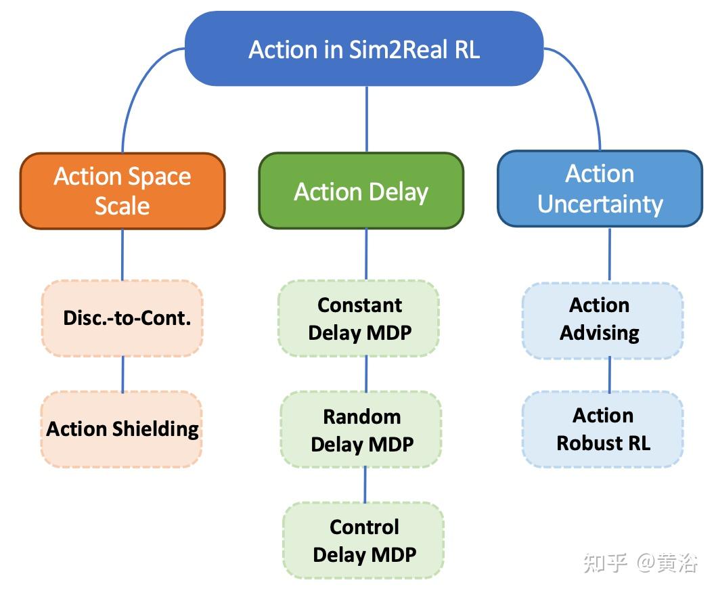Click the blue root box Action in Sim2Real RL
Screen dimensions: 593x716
[364, 49]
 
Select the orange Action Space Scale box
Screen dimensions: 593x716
[122, 190]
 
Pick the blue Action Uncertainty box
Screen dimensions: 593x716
[600, 188]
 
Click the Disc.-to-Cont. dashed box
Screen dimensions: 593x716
[122, 318]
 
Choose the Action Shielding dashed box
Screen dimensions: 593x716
[122, 429]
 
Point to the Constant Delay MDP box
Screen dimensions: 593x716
[359, 318]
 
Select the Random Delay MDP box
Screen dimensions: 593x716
[361, 430]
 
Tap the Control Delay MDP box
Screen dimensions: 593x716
[363, 540]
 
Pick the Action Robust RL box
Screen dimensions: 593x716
[602, 429]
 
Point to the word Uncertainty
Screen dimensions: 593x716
[600, 204]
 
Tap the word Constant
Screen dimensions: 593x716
[359, 305]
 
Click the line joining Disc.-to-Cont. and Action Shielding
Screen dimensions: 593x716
[122, 374]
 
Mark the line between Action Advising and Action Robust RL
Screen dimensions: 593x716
[610, 374]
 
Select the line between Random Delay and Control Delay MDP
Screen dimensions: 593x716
[365, 485]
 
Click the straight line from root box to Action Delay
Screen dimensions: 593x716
[367, 118]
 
